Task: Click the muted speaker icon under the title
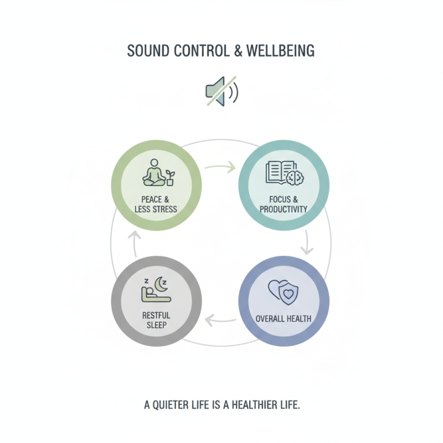pos(221,91)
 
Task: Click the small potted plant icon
pos(170,177)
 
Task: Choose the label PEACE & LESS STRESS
pos(156,204)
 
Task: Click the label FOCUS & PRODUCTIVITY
pos(284,204)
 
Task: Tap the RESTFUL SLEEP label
pos(156,320)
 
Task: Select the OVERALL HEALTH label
pos(284,319)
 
